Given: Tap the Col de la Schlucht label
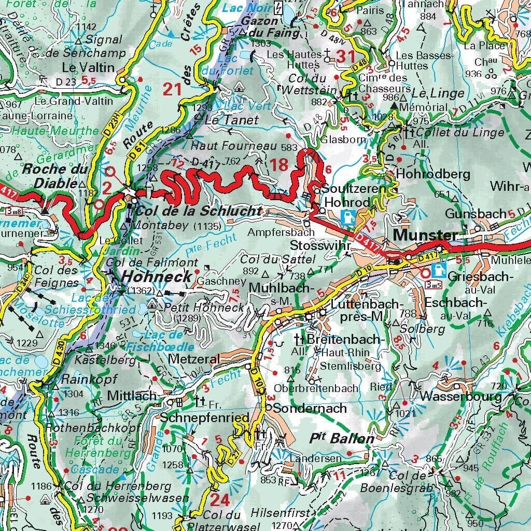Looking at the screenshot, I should tap(198, 211).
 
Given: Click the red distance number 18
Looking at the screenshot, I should tap(278, 165).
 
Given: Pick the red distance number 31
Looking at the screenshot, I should tap(343, 56).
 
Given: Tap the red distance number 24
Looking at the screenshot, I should tap(220, 500).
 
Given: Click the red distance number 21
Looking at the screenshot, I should tap(173, 89).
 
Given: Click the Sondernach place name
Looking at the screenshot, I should tap(310, 408).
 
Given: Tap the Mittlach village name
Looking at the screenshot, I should tap(132, 396).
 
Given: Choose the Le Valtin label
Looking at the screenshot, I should tap(80, 67).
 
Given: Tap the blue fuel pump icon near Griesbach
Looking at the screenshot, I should tap(438, 270).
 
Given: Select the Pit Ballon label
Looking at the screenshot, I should tap(342, 438).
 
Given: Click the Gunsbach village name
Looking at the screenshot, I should tap(475, 214).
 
